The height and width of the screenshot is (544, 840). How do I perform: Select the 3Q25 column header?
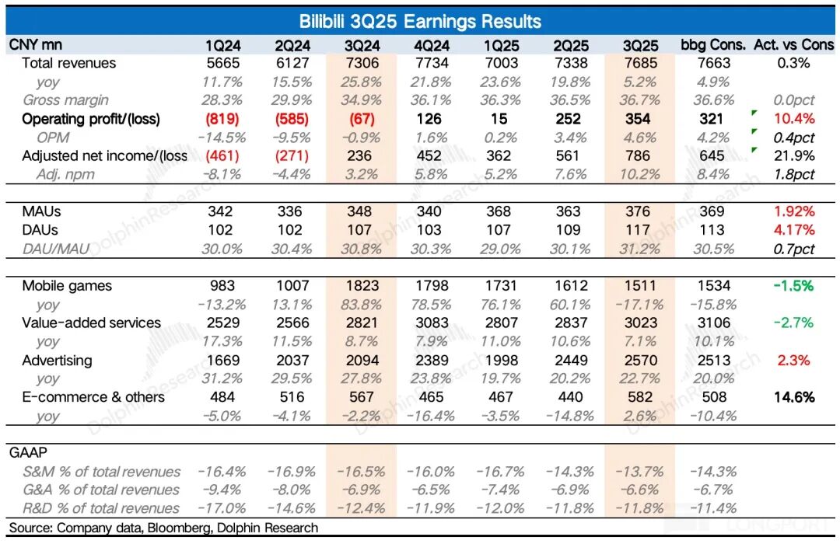click(x=640, y=44)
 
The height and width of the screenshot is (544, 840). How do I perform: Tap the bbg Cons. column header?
click(x=712, y=44)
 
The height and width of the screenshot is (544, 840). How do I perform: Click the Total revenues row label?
click(x=68, y=63)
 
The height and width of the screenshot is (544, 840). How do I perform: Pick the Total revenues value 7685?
click(x=640, y=63)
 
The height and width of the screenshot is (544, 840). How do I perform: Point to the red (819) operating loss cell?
click(x=222, y=119)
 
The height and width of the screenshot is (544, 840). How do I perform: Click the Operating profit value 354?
click(x=640, y=119)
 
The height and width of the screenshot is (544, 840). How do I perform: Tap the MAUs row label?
click(x=40, y=211)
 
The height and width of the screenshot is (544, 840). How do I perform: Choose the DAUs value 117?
click(x=640, y=230)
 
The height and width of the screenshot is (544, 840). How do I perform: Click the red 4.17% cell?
click(x=794, y=230)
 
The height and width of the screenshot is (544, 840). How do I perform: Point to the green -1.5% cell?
click(x=794, y=286)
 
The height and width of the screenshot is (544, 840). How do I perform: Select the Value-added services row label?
click(x=91, y=323)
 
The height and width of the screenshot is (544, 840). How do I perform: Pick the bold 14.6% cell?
click(x=794, y=397)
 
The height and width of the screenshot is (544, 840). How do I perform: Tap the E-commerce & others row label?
click(x=93, y=397)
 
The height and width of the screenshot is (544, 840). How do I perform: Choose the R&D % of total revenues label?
click(x=101, y=508)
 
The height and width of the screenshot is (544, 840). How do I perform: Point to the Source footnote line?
click(x=163, y=528)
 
